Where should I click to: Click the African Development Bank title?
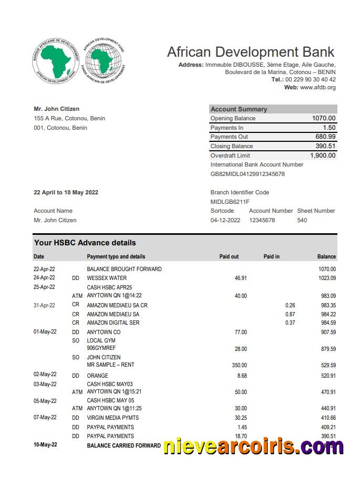(x=250, y=52)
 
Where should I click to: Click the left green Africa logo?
(x=56, y=61)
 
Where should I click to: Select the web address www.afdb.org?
(x=317, y=87)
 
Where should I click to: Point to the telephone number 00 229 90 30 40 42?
(x=311, y=79)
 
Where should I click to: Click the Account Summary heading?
(x=239, y=109)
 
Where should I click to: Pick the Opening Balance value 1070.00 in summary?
(x=323, y=118)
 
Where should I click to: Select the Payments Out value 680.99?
(x=325, y=137)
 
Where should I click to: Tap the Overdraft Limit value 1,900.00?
(x=323, y=155)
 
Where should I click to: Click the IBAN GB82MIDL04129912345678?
(x=248, y=174)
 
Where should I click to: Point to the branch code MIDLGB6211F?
(x=230, y=202)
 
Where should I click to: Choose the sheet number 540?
(x=302, y=220)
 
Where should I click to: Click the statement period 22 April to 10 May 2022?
(x=66, y=192)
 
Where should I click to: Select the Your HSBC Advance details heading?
(x=85, y=243)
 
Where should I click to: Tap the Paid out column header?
(x=229, y=256)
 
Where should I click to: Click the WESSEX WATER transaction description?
(x=107, y=278)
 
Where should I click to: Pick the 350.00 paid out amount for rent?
(x=239, y=365)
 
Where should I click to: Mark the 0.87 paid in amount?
(x=290, y=314)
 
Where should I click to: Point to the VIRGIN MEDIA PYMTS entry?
(x=113, y=418)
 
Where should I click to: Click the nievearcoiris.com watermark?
(x=253, y=447)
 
